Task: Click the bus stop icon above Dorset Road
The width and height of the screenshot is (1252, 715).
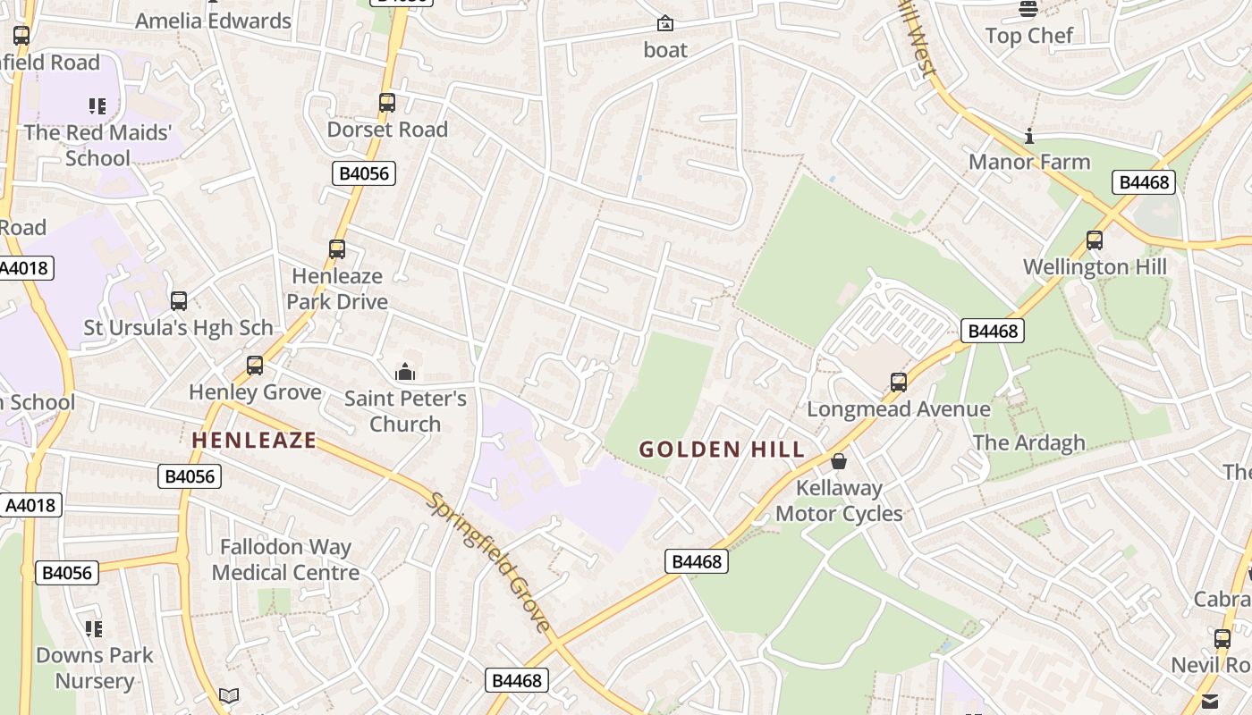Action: coord(387,103)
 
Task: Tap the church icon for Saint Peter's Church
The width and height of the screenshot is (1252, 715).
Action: coord(405,372)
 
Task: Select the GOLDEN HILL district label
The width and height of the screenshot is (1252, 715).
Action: coord(722,450)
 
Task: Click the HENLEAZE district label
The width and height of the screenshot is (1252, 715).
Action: coord(254,440)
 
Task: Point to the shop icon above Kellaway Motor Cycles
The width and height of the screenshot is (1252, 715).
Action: coord(839,461)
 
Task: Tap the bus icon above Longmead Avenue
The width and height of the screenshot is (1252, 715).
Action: coord(899,383)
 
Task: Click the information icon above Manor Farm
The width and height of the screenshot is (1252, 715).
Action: coord(1029,137)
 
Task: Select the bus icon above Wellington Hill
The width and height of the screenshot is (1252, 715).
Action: coord(1095,240)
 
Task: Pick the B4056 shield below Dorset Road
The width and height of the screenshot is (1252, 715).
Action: coord(364,173)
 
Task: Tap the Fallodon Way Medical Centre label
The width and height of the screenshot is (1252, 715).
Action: coord(285,559)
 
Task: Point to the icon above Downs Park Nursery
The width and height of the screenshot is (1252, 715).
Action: coord(95,629)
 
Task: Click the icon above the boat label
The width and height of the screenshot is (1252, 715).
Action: coord(665,23)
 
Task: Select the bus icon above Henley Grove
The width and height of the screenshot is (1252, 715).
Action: coord(255,366)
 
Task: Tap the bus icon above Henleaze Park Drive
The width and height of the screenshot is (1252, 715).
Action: coord(337,249)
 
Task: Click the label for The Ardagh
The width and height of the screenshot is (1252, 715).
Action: coord(1028,442)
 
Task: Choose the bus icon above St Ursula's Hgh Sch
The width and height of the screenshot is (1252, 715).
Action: coord(179,301)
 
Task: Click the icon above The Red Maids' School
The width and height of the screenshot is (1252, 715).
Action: coord(97,107)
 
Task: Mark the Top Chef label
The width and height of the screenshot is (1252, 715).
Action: coord(1028,36)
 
